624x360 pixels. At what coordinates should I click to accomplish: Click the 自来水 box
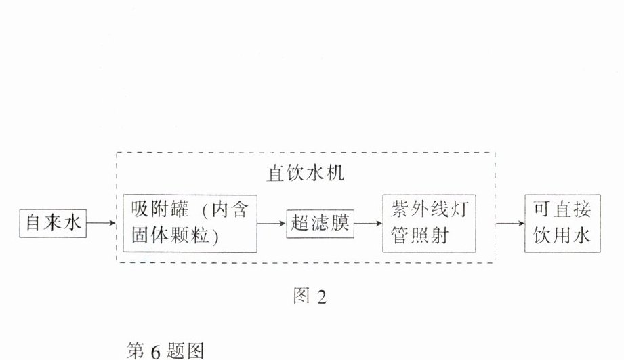54,222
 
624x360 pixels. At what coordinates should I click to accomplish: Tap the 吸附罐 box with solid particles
190,222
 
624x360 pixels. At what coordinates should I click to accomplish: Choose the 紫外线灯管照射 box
425,223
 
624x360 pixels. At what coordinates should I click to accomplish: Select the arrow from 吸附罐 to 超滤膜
272,222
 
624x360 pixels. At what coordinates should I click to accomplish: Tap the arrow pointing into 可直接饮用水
509,222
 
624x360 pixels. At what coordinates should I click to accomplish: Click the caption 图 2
310,296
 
